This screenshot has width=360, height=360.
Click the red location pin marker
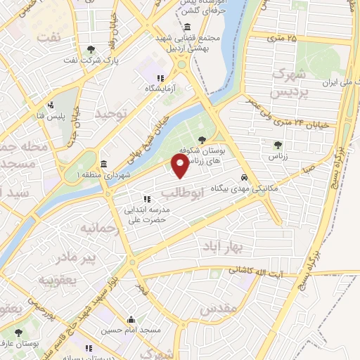point(180,167)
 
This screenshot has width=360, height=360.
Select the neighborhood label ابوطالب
point(182,191)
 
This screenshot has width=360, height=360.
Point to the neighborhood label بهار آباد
point(223,247)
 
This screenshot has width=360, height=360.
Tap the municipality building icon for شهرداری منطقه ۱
point(103,165)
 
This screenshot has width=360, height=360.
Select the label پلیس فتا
point(51,115)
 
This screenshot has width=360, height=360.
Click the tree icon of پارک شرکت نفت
point(91,49)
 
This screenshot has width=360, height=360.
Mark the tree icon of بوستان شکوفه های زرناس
point(202,140)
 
